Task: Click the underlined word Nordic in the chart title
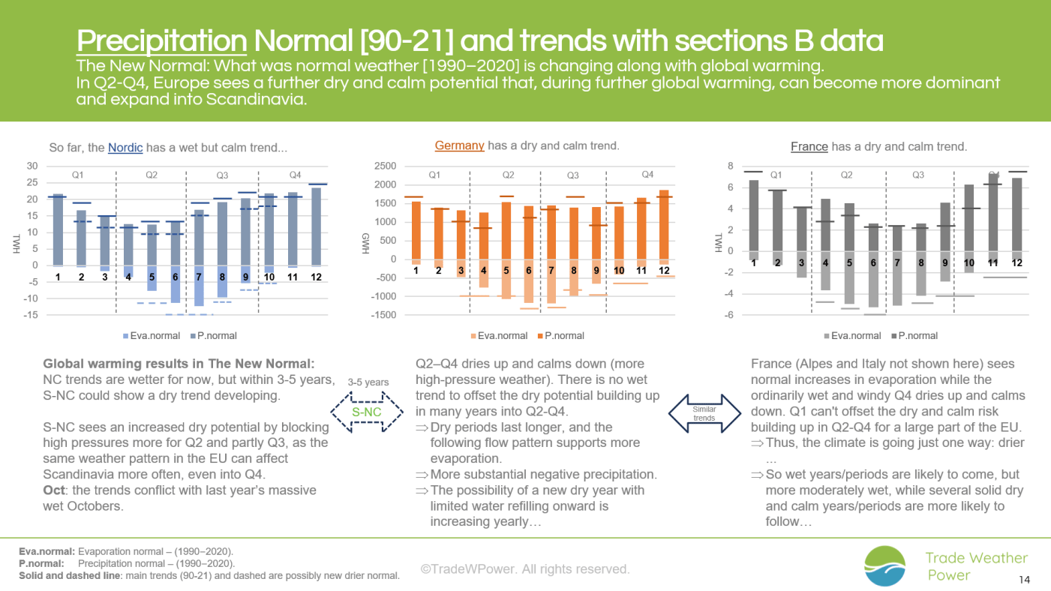pos(125,148)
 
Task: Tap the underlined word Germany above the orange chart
pos(459,145)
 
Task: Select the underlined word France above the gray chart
pos(809,147)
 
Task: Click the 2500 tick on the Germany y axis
pos(385,166)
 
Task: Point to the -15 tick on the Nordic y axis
pos(31,315)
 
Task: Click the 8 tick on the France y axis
pos(731,166)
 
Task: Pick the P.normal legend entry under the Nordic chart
pos(214,336)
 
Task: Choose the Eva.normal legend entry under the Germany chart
pos(499,336)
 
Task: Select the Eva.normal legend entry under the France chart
pos(852,336)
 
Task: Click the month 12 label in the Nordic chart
pos(317,277)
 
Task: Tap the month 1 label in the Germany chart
pos(416,271)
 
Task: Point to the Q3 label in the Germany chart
pos(573,175)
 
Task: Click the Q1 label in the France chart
pos(776,175)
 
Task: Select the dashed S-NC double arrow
pos(366,412)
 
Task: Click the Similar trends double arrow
pos(704,414)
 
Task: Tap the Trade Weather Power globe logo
pos(885,565)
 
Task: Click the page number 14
pos(1024,580)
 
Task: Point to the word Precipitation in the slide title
pos(162,41)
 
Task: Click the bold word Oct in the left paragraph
pos(54,490)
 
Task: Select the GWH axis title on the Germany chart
pos(366,244)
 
